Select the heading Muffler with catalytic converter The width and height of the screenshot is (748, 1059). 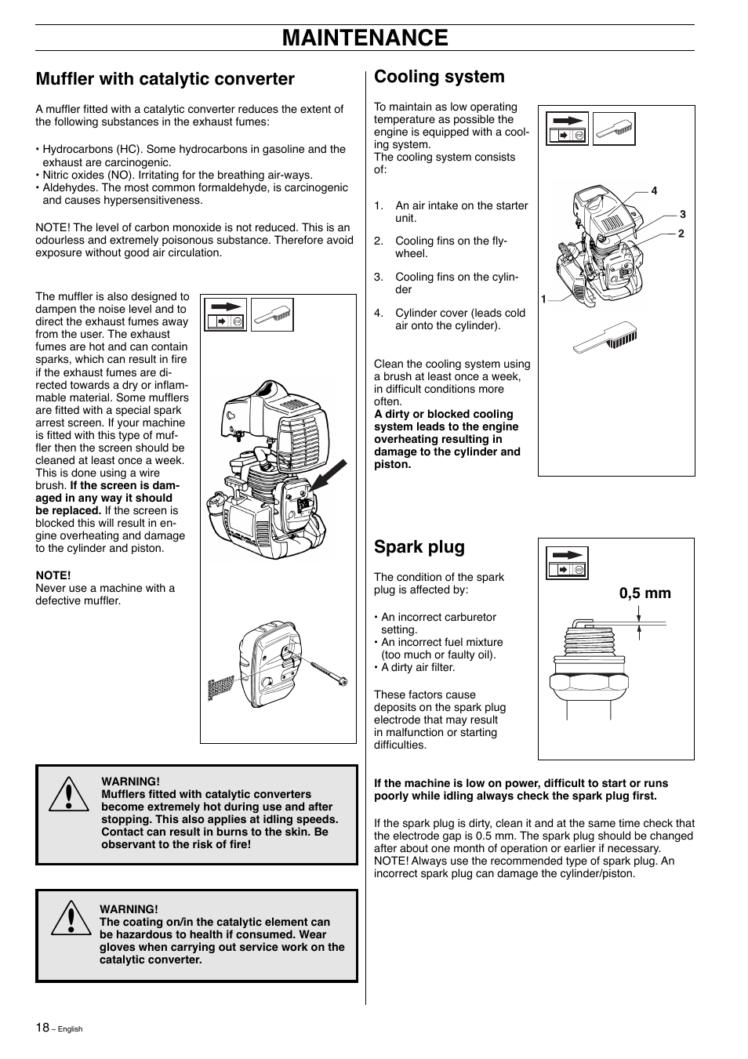tap(165, 78)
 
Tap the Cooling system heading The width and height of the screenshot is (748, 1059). tap(439, 76)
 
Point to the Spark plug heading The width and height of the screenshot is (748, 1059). tap(419, 546)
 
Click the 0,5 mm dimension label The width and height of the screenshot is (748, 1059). tap(645, 593)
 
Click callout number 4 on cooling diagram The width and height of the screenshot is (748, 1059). tap(654, 190)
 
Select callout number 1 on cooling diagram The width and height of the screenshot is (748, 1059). tap(543, 299)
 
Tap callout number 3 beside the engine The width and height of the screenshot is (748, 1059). tap(682, 214)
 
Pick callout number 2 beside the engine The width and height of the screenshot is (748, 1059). tap(681, 234)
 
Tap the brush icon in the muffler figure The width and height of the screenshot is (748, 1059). tap(272, 314)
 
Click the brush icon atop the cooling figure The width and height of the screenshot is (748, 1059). tap(614, 129)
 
